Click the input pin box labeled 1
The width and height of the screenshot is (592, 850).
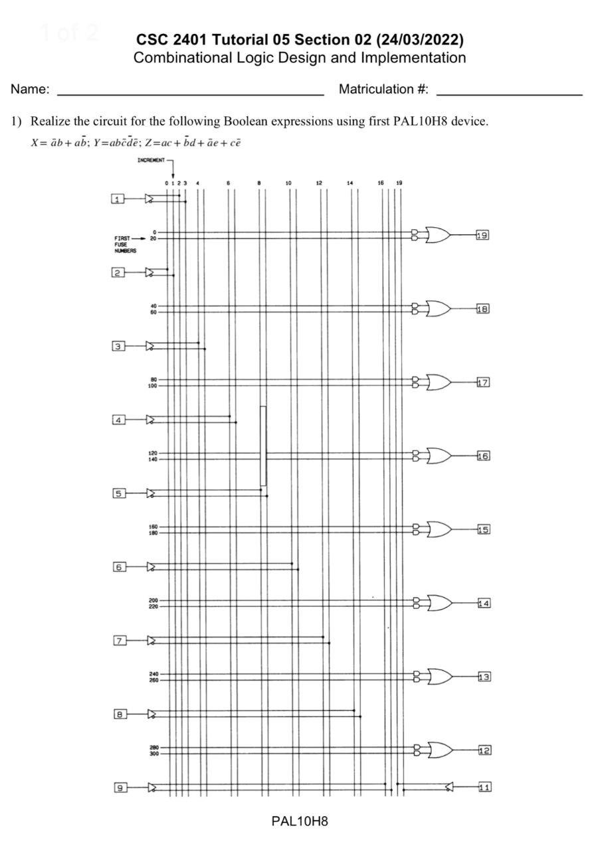(118, 199)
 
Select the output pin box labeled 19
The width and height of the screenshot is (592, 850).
(482, 235)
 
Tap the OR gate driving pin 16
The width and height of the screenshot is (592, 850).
(439, 456)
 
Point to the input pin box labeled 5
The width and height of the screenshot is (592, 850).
(118, 493)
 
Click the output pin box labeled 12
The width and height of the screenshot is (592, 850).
(484, 750)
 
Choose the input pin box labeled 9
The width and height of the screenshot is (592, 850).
(120, 788)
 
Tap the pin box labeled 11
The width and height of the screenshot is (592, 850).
(484, 788)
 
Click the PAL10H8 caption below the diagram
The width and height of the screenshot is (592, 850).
(300, 821)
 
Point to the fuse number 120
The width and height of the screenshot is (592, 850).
(153, 453)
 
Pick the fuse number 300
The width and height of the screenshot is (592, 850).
(153, 754)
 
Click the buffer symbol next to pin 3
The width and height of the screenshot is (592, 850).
(150, 346)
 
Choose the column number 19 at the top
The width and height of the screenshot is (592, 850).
(398, 183)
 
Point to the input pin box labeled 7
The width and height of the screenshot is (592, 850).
(120, 641)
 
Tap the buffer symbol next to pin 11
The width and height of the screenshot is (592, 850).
(449, 788)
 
